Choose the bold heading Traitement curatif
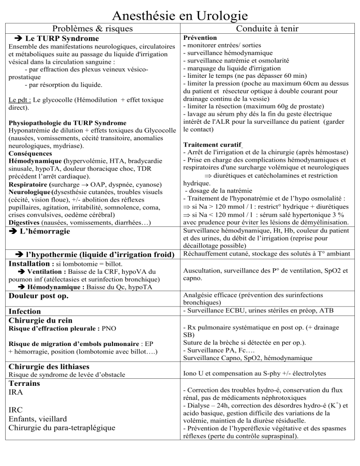pyautogui.click(x=207, y=145)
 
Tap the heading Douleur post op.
pyautogui.click(x=38, y=296)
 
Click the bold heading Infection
pyautogui.click(x=25, y=311)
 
